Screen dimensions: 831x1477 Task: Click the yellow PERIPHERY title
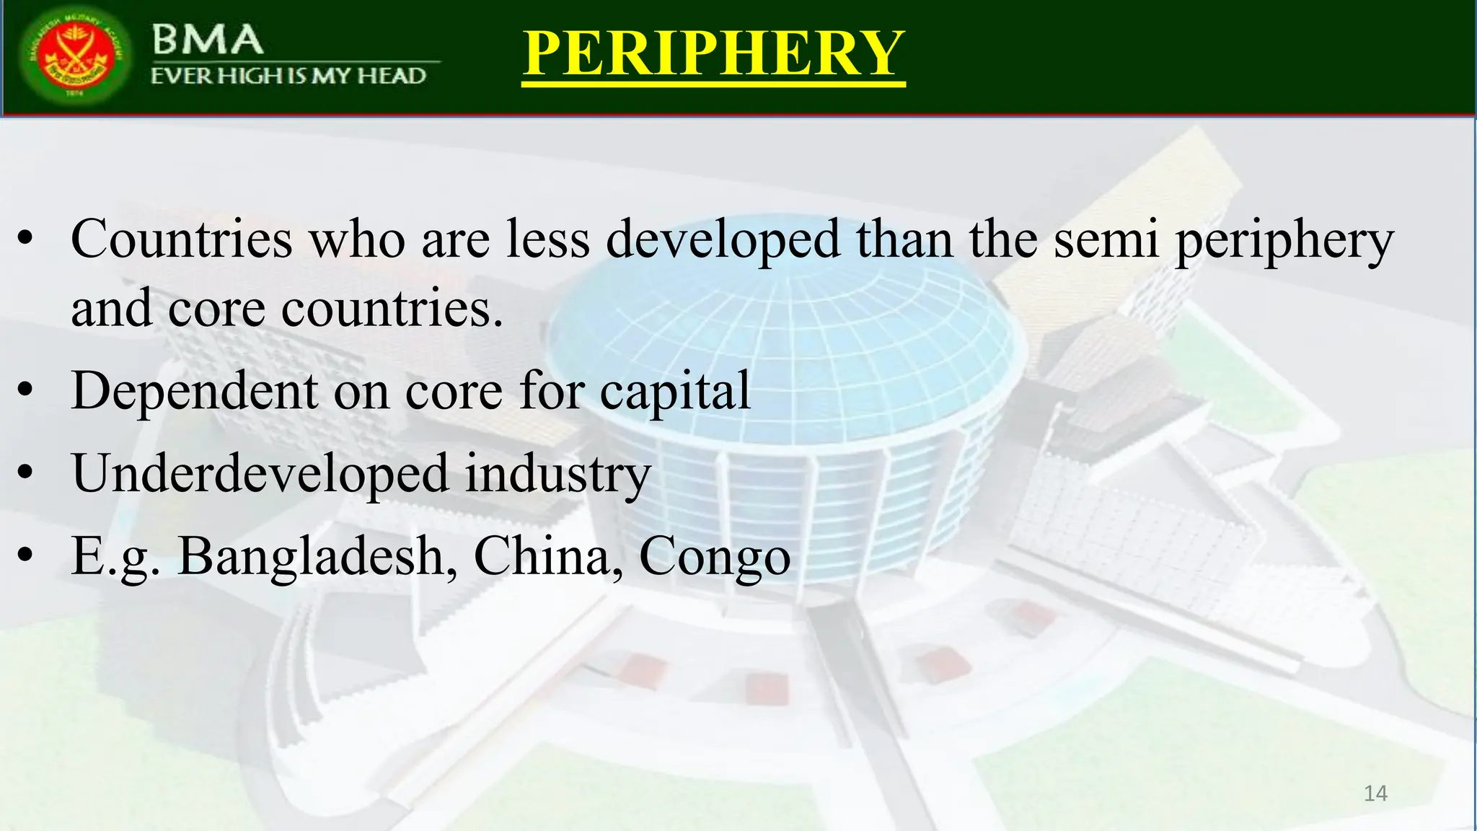(x=713, y=53)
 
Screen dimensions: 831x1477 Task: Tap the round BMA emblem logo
(x=75, y=56)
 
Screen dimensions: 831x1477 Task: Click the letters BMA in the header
(x=207, y=40)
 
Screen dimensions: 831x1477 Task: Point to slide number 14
(x=1375, y=793)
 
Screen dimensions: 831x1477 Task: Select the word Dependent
(x=195, y=391)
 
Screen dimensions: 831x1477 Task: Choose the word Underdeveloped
(x=260, y=475)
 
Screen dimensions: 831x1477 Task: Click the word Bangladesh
(x=317, y=557)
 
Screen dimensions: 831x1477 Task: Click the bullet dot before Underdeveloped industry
(x=26, y=474)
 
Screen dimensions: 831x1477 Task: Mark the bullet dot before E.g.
(x=26, y=556)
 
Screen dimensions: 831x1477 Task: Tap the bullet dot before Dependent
(x=26, y=391)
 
